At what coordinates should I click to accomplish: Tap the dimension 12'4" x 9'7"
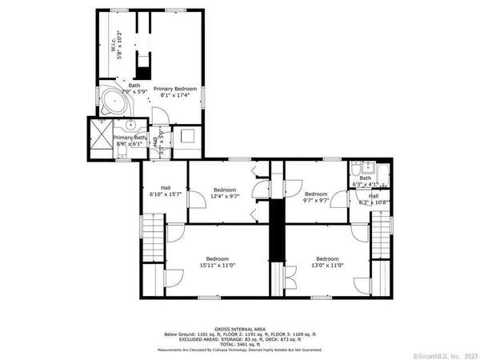(x=225, y=196)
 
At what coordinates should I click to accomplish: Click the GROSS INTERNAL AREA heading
(x=241, y=327)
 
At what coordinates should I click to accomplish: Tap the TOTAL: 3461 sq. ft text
(x=240, y=343)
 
